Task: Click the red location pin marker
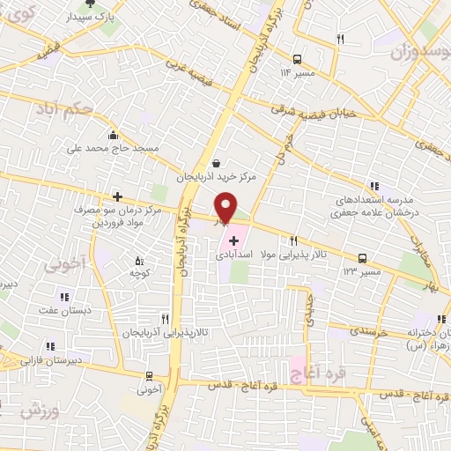226,207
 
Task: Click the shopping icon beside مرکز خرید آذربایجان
217,163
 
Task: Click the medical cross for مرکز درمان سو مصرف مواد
115,196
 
